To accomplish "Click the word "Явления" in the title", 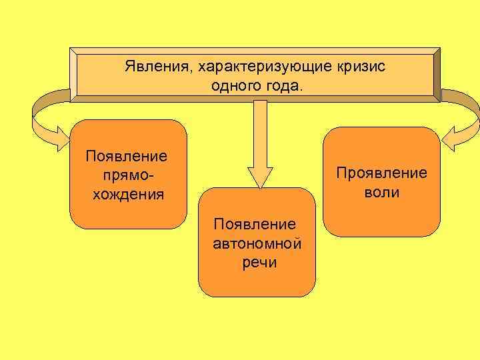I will click(151, 67).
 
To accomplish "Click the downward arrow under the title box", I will click(260, 140).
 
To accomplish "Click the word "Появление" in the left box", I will click(127, 156).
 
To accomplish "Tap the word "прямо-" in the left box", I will click(127, 175).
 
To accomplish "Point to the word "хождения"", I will click(127, 195).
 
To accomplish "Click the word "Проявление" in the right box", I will click(381, 173).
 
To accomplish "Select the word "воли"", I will click(382, 193).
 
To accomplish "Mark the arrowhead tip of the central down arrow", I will click(260, 186).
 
